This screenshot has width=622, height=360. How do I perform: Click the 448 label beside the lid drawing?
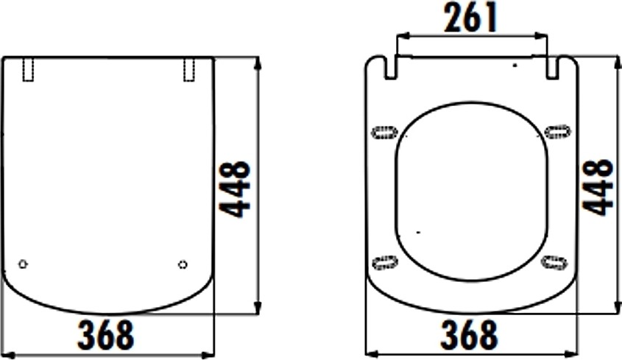[236, 189]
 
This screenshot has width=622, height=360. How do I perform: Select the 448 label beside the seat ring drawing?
[598, 187]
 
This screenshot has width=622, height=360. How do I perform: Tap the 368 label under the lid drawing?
[106, 334]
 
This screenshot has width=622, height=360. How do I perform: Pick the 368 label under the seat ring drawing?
[468, 334]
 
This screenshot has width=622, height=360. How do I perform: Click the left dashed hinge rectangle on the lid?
[28, 69]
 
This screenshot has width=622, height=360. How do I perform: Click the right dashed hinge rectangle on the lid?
[189, 69]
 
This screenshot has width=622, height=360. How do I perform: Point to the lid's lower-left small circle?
[23, 264]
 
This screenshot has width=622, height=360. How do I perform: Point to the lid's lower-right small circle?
[183, 264]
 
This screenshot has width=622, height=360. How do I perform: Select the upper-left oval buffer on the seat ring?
[384, 132]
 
